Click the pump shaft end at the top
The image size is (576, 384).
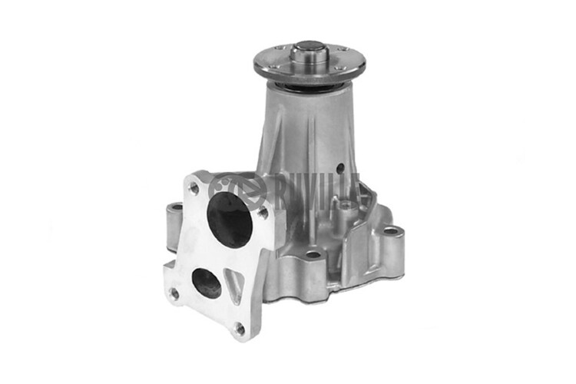point(310,52)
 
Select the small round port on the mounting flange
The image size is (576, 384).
point(207,282)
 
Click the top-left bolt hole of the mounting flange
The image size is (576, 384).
point(194,186)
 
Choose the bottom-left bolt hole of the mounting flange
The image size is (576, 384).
point(174,293)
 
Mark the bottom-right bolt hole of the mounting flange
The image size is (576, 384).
point(239,329)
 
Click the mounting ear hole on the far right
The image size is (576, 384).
point(391,230)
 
